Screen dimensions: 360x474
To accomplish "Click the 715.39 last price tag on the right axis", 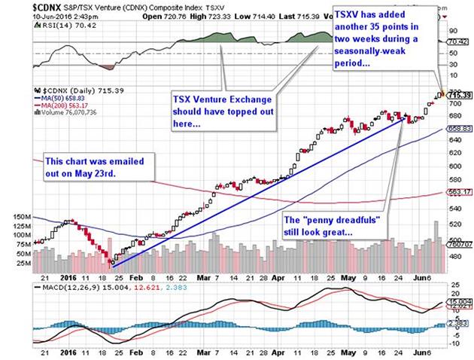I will (x=459, y=95).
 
